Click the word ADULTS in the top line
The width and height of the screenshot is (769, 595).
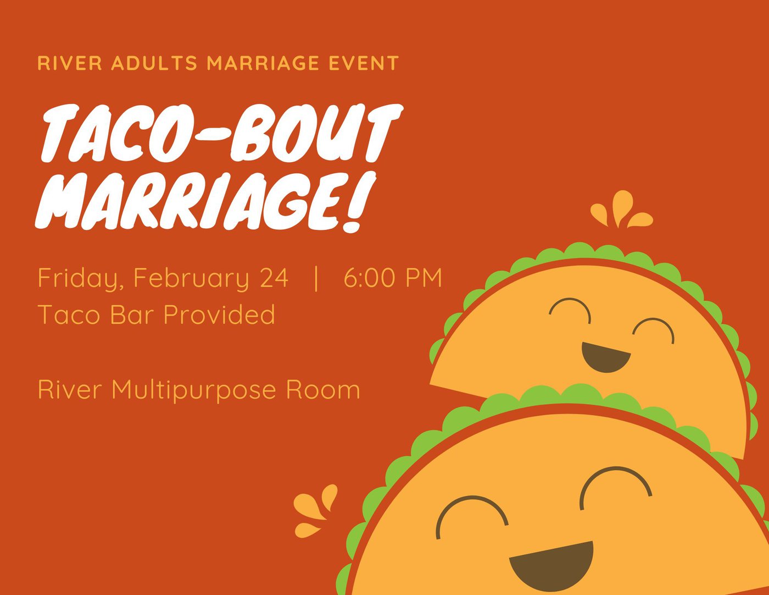(x=154, y=63)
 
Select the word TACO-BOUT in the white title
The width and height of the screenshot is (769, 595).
(x=222, y=133)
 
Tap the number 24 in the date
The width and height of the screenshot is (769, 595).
(x=274, y=278)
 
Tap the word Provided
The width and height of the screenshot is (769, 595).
(x=219, y=314)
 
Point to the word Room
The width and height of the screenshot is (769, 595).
(x=323, y=389)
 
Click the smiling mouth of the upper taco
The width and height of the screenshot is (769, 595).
(x=606, y=357)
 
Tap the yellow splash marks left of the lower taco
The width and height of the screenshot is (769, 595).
(x=315, y=510)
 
